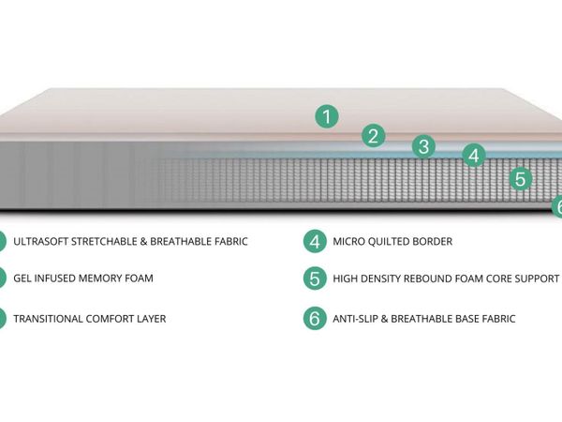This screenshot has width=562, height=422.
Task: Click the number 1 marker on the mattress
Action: pos(327,116)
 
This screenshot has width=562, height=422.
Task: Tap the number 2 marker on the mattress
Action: pos(373,136)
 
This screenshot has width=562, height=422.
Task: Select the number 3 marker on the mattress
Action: pos(423,146)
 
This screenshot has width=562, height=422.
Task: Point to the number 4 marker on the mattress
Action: pos(474,156)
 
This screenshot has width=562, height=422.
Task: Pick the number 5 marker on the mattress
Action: pos(520,178)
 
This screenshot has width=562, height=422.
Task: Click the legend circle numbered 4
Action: pos(315,242)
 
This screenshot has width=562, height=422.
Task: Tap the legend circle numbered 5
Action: pos(315,279)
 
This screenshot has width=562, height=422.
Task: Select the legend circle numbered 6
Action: pos(315,318)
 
